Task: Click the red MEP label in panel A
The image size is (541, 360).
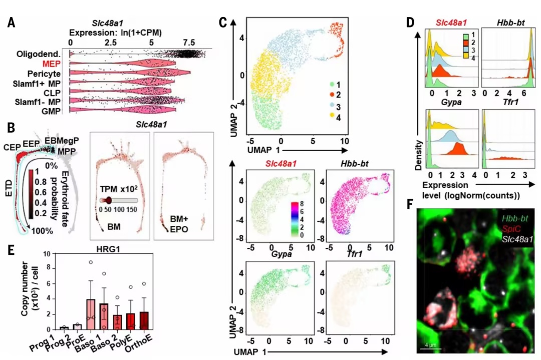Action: tap(51, 64)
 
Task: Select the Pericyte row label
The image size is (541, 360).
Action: tap(44, 74)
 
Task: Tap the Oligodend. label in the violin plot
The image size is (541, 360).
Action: tap(38, 54)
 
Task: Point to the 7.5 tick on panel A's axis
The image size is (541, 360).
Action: tap(189, 43)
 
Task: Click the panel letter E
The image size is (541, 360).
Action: tap(11, 250)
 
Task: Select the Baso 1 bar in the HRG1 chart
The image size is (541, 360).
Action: tap(90, 314)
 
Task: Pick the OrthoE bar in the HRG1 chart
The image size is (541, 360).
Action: tap(144, 320)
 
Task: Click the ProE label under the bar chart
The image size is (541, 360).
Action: tap(77, 339)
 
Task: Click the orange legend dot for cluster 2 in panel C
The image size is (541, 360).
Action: tap(332, 94)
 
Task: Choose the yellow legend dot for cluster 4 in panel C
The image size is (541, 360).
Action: tap(332, 115)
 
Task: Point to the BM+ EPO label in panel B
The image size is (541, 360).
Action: tap(179, 224)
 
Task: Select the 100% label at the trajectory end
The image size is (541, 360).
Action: tap(43, 231)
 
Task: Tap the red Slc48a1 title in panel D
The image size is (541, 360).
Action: tap(451, 23)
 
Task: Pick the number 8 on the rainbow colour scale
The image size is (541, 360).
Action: tap(302, 204)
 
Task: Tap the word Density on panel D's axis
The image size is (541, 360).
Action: tap(418, 155)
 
